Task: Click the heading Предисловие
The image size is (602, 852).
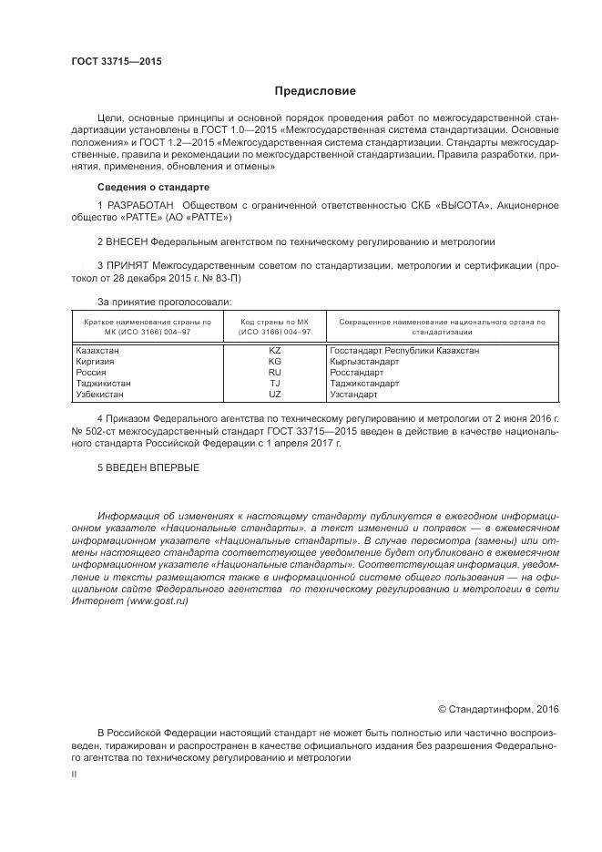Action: tap(314, 91)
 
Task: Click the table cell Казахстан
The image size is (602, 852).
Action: tap(100, 350)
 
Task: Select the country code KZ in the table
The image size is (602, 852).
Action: tap(275, 350)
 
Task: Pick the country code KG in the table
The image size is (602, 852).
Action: tap(275, 361)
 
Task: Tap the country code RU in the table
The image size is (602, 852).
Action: tap(275, 372)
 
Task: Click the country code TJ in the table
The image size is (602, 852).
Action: tap(275, 384)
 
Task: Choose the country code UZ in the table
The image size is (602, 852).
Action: tap(275, 395)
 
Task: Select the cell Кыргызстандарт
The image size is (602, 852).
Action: tap(366, 361)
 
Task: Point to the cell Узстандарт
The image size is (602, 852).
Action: tap(355, 395)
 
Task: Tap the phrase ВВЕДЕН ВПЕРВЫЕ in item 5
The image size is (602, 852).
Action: tap(153, 467)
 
